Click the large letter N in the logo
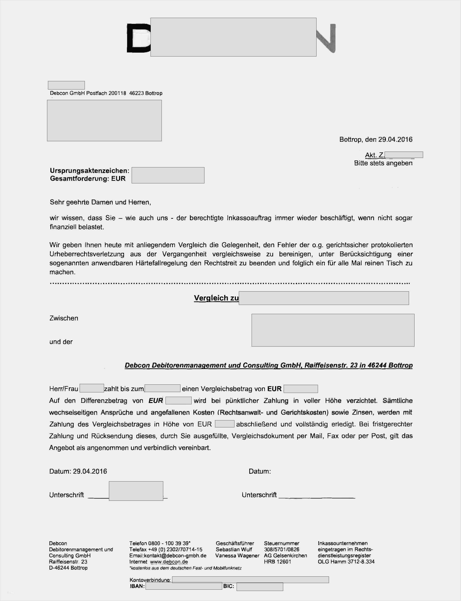pyautogui.click(x=326, y=38)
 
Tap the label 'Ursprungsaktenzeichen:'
pyautogui.click(x=89, y=171)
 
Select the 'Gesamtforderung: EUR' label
pyautogui.click(x=88, y=179)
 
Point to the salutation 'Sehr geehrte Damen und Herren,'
pyautogui.click(x=100, y=202)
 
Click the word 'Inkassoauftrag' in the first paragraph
pyautogui.click(x=249, y=218)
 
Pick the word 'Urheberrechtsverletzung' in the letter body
pyautogui.click(x=87, y=254)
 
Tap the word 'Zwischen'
pyautogui.click(x=64, y=318)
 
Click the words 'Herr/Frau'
pyautogui.click(x=64, y=389)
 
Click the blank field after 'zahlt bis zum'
pyautogui.click(x=162, y=388)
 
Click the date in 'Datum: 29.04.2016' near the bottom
pyautogui.click(x=90, y=471)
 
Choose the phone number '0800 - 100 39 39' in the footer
pyautogui.click(x=169, y=543)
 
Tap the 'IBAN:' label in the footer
pyautogui.click(x=137, y=586)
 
